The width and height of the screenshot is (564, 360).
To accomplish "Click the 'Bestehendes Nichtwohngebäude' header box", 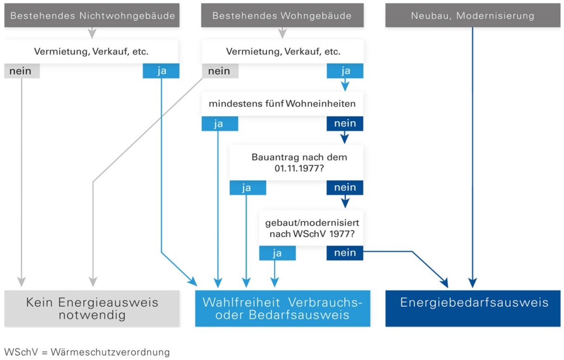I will [x=92, y=16].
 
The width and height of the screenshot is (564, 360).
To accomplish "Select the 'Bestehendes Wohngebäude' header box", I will [x=282, y=16].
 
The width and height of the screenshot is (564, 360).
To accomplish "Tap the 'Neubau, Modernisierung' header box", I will [x=472, y=16].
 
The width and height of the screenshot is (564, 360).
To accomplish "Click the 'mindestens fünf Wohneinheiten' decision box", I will [x=282, y=104].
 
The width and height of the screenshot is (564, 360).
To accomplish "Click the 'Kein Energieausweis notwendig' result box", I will [x=92, y=309].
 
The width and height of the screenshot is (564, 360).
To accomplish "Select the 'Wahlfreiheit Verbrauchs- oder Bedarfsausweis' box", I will [x=282, y=309].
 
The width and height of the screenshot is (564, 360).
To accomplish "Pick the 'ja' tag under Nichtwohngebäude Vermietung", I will [x=161, y=71].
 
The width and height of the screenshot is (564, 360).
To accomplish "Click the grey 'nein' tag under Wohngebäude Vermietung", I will [x=219, y=71].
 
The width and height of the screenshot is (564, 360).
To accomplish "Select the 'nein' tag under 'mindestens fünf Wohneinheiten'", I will [x=345, y=124].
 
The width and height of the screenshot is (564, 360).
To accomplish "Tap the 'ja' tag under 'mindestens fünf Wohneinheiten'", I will [x=219, y=124].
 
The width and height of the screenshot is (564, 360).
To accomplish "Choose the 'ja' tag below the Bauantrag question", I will [x=247, y=188].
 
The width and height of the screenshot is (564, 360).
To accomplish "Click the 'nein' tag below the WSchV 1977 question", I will [x=345, y=253].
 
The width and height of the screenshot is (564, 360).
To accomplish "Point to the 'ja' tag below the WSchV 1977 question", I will [x=277, y=253].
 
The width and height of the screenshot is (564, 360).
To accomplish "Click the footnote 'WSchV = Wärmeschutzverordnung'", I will [x=87, y=352].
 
